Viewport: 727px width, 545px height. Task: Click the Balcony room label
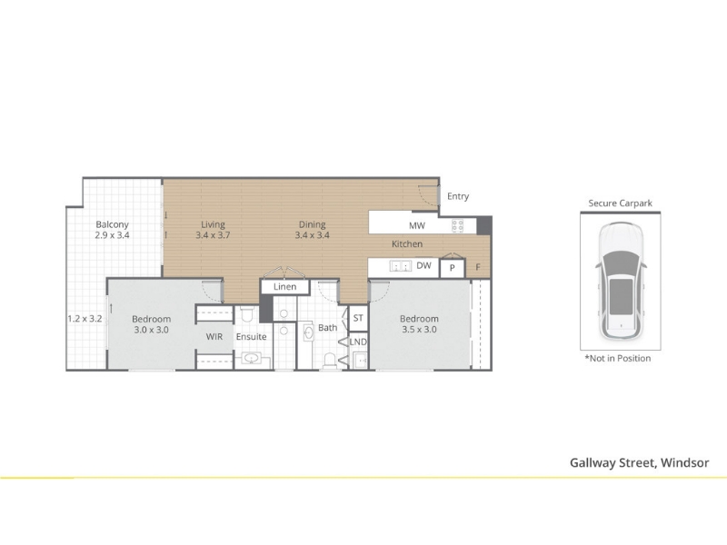[x=112, y=224]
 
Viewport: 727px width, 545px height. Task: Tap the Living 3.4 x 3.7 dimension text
[x=213, y=235]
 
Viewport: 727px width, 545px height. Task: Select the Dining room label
[x=312, y=224]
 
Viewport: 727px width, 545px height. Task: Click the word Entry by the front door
[x=458, y=196]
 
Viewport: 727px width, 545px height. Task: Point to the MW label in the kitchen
[x=417, y=225]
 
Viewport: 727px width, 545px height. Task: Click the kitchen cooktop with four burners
[x=458, y=225]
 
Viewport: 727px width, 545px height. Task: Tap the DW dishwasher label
[x=423, y=265]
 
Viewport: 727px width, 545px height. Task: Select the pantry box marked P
[x=452, y=268]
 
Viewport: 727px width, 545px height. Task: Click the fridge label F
[x=478, y=267]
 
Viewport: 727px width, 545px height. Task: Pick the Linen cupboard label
[x=284, y=287]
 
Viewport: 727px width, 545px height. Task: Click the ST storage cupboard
[x=358, y=318]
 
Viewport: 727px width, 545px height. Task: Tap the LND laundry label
[x=358, y=342]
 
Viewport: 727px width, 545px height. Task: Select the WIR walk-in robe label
[x=214, y=336]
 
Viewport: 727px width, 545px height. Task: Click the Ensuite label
[x=252, y=336]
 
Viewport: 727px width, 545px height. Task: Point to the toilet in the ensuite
[x=245, y=313]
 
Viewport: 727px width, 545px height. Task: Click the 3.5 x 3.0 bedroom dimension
[x=419, y=330]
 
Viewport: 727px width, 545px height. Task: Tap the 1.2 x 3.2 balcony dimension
[x=85, y=319]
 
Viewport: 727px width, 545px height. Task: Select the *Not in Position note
[x=618, y=358]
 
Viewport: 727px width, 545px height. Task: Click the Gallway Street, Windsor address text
[x=640, y=463]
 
